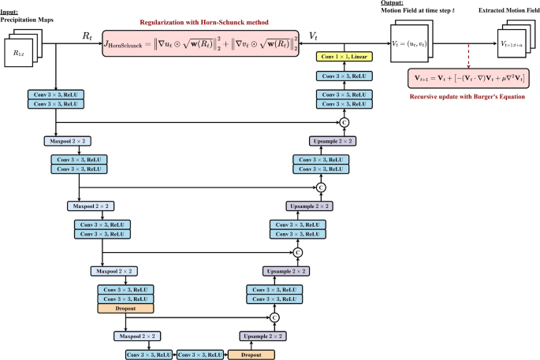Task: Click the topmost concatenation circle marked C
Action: click(x=344, y=122)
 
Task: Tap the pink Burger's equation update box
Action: click(x=467, y=79)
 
